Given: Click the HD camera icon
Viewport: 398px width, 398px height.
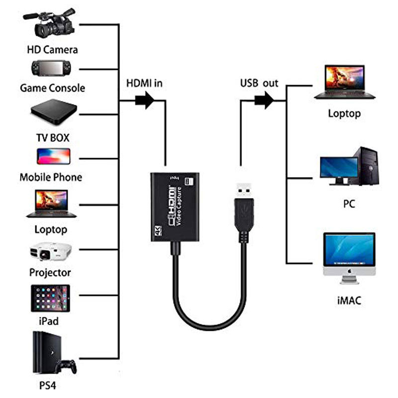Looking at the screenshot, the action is click(50, 23).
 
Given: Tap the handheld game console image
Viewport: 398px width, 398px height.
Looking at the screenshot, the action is click(51, 68).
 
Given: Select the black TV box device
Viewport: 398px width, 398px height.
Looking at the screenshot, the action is click(54, 112).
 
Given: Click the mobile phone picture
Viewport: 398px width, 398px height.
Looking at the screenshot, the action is click(54, 156).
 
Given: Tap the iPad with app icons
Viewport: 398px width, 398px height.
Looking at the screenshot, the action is click(50, 298).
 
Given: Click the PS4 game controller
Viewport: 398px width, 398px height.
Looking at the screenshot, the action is click(66, 367).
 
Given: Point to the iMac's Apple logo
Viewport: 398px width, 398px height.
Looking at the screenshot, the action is click(350, 271).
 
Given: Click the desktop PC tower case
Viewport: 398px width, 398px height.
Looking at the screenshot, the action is click(366, 166).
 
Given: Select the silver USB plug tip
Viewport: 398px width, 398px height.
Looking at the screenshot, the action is click(244, 191).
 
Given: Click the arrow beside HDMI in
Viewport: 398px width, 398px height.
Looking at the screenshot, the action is click(144, 100).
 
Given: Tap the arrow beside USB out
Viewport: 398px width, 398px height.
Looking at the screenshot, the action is click(264, 100).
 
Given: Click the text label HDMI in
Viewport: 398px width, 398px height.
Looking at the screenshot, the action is click(144, 83).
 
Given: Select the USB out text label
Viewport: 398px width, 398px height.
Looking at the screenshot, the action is click(259, 83).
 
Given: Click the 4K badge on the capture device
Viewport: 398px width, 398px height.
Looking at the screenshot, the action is click(158, 230).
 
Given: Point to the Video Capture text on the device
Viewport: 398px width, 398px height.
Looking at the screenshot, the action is click(179, 206).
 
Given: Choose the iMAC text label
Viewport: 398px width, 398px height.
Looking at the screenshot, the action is click(349, 300).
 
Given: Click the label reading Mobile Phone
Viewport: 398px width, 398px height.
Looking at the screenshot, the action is click(51, 177).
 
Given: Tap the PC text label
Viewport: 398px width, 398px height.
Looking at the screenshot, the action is click(349, 204).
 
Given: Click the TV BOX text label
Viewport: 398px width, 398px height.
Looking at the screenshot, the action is click(53, 138).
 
